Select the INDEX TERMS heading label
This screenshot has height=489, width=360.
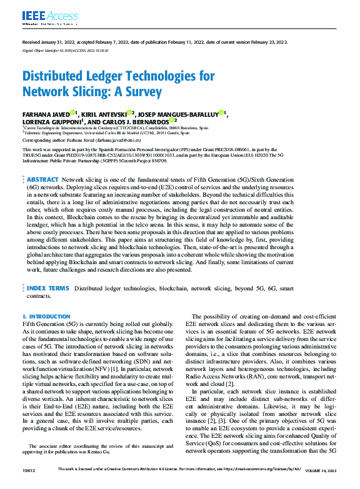[x=47, y=289]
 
